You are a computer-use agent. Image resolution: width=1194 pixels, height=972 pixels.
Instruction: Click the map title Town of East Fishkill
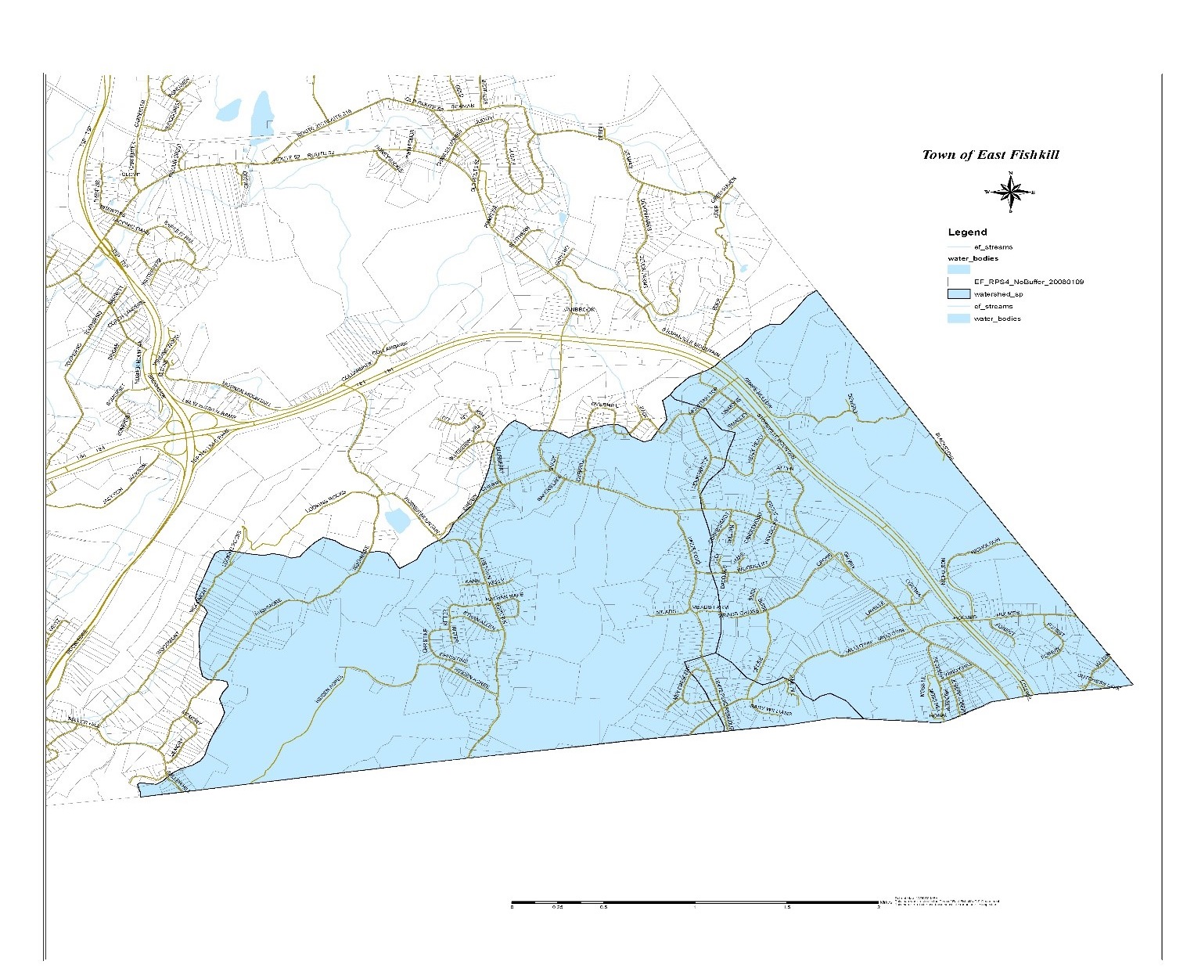(x=990, y=154)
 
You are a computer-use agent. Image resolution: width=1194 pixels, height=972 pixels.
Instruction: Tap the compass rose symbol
(x=1011, y=191)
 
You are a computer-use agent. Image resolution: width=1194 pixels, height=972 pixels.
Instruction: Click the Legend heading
(x=967, y=232)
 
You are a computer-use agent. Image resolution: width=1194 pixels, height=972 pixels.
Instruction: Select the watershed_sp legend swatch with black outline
(x=958, y=294)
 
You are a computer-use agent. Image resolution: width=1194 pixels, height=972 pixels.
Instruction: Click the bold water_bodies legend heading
(x=973, y=258)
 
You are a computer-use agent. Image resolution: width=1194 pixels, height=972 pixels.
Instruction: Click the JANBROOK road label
(x=580, y=310)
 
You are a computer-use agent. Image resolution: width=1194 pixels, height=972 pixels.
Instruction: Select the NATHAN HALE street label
(x=504, y=597)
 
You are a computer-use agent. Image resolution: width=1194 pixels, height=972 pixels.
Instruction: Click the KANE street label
(x=473, y=583)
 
